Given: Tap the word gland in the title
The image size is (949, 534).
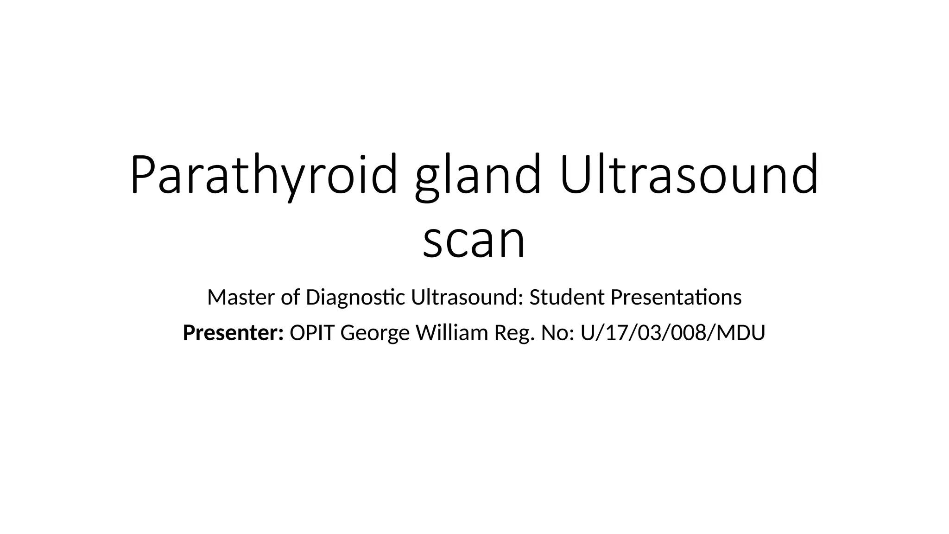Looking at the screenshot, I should [478, 175].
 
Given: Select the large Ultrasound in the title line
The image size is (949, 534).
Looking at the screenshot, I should [689, 175].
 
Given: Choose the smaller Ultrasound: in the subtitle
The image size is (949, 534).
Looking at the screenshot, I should [467, 297].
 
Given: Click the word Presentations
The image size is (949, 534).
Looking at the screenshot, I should [676, 297].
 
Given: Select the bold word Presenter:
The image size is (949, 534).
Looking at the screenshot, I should [233, 333].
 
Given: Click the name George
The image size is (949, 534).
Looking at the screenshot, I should [375, 333].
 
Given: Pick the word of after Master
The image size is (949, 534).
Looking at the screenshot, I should [291, 297].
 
